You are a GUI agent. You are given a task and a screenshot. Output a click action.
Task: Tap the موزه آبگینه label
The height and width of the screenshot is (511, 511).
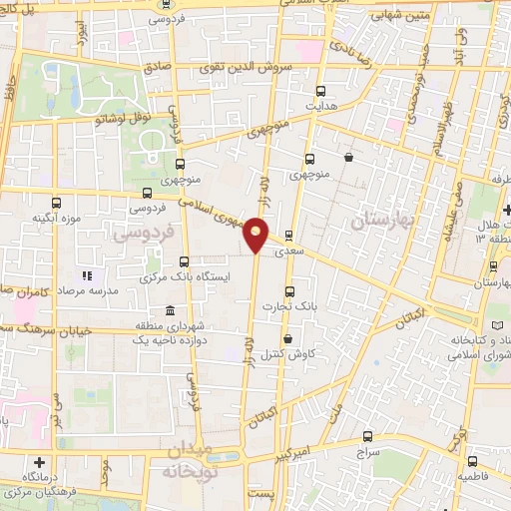click(x=55, y=218)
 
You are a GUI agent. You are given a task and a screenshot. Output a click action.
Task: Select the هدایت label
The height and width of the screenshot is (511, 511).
click(x=317, y=106)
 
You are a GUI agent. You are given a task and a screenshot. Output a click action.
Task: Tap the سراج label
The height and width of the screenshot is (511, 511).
click(x=368, y=453)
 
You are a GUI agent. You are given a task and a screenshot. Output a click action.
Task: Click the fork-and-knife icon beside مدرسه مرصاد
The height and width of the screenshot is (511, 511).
click(x=87, y=274)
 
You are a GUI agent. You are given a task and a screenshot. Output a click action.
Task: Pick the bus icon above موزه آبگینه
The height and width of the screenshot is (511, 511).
click(x=55, y=201)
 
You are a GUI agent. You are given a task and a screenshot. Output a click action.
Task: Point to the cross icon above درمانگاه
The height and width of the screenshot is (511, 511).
click(x=40, y=462)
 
